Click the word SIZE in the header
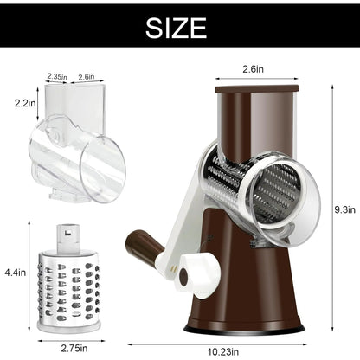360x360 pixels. click(176, 28)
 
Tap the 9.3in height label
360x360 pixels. click(344, 209)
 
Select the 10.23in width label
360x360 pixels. click(223, 352)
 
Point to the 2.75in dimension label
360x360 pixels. click(74, 348)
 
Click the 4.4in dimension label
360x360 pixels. click(16, 273)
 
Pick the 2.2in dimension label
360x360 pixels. click(25, 103)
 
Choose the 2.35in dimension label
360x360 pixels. click(57, 77)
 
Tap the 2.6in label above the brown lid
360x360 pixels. click(253, 69)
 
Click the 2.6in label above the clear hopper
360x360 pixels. click(87, 77)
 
